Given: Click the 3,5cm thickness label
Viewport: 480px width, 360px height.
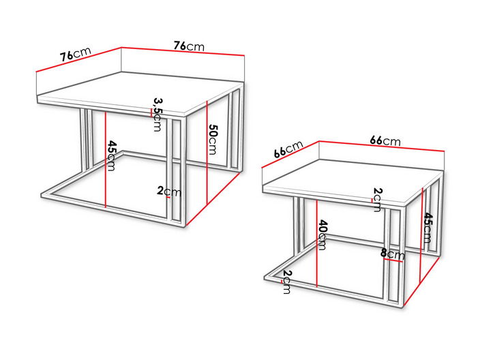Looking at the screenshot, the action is pos(157,115).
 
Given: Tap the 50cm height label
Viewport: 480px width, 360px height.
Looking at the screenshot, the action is pos(213,139).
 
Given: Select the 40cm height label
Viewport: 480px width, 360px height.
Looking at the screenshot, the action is pos(322,235).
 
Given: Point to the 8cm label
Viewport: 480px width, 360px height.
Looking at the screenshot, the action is pos(393,254).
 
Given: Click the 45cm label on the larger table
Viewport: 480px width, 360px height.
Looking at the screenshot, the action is pos(111,156).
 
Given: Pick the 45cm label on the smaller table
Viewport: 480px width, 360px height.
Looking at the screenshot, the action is pos(428,228).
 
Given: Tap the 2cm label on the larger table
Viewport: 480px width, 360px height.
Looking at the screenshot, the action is pos(169,192).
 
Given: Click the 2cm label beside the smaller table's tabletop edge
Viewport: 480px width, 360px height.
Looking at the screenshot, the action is pos(378,200).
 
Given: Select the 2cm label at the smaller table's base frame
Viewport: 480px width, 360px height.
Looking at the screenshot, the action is pos(286,282).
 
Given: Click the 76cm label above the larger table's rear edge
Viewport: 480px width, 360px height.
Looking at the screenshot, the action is pos(189,46).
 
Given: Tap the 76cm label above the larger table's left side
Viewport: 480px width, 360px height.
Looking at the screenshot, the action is pos(75,55).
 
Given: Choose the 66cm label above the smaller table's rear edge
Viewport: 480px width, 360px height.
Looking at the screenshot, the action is pos(385,140).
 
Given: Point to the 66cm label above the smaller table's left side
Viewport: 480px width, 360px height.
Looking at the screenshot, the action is pos(288,149).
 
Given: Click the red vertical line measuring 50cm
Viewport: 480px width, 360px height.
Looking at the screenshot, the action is pos(207,153).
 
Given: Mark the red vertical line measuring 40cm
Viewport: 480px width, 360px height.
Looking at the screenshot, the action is pos(317,243).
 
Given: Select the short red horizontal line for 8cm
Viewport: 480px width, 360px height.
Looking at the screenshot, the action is pos(393,260).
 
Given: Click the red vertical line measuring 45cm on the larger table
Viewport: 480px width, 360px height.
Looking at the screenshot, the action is pos(105,160).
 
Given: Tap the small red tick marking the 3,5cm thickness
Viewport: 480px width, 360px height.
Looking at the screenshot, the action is pos(151,113).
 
